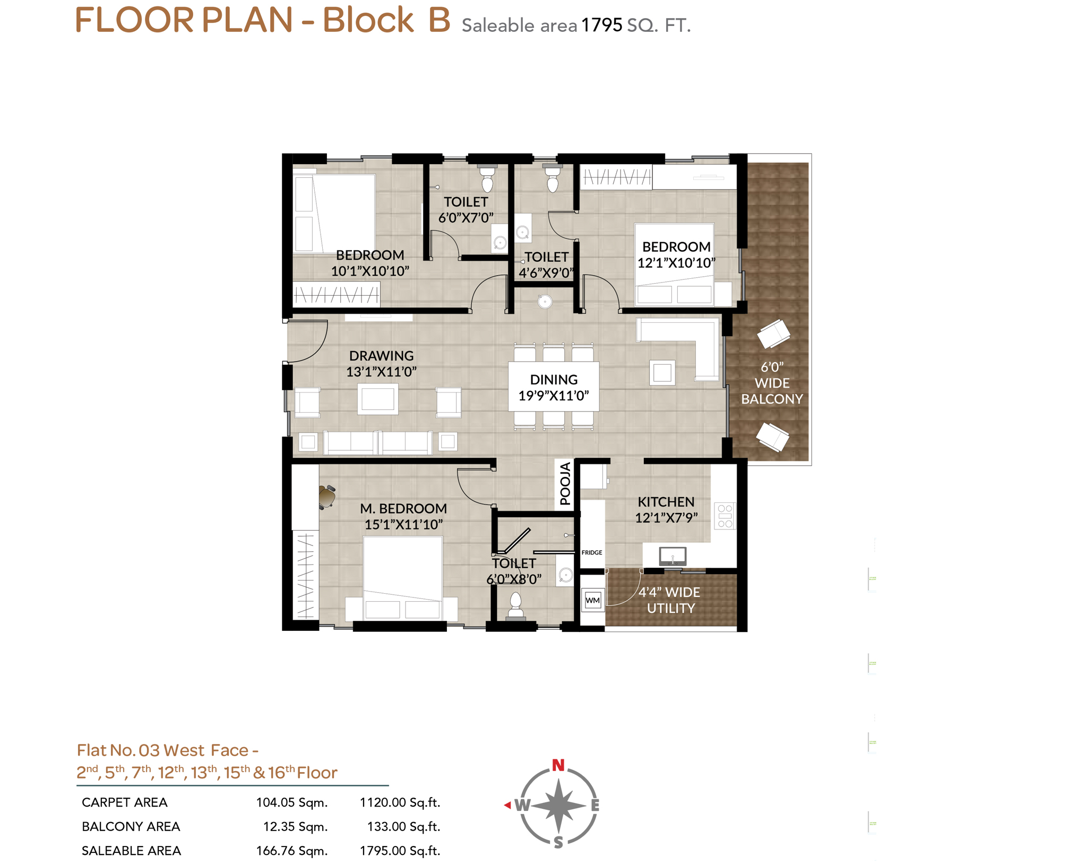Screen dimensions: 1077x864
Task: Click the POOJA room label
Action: coord(565,483)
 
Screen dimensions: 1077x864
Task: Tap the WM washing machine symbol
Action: coord(592,600)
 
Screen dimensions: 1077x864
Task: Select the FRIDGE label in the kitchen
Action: coord(591,552)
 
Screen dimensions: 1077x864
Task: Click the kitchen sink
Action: coord(672,556)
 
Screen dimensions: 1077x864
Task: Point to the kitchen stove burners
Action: coord(725,516)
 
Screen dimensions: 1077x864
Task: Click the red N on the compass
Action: coord(558,765)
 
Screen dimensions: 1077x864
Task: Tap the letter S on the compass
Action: coord(558,842)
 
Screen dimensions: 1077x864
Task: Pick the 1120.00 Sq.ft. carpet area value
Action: coord(400,802)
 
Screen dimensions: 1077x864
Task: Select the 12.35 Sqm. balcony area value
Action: coord(295,826)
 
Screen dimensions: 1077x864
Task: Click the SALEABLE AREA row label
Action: coord(131,851)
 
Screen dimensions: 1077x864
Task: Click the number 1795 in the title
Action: coord(601,25)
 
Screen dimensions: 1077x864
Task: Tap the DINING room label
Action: coord(554,379)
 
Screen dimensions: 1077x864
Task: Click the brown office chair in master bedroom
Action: coord(326,497)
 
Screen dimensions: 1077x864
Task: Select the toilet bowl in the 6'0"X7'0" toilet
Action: coord(487,179)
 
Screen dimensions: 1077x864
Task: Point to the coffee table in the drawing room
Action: coord(377,399)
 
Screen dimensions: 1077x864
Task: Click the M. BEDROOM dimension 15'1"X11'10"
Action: coord(403,525)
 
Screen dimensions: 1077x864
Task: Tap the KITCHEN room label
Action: coord(666,502)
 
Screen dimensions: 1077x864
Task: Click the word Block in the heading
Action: coord(367,20)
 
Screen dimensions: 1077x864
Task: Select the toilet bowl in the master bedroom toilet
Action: coord(515,605)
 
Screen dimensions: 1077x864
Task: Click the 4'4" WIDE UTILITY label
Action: coord(669,600)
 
